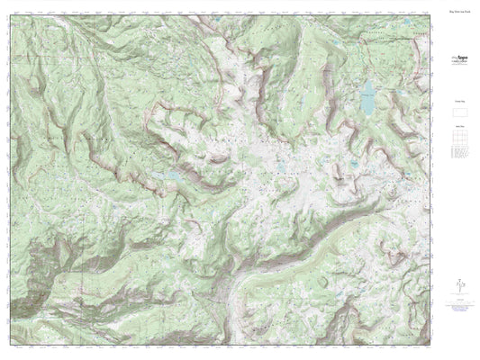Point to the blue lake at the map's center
point(281,167)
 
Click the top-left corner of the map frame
point(13,14)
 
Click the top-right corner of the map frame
point(430,14)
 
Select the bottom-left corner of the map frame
point(13,346)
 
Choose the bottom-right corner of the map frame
point(430,346)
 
